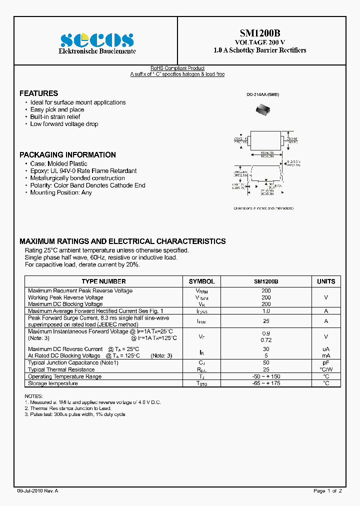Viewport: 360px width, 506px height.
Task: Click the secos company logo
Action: point(97,40)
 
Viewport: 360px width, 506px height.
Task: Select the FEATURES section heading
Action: point(38,93)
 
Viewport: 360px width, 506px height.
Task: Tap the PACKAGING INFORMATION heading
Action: point(67,155)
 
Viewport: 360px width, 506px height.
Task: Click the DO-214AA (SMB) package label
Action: point(262,94)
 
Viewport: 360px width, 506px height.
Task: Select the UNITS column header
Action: point(326,281)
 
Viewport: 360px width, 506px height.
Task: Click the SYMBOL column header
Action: point(201,281)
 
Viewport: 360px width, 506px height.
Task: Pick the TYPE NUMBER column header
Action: point(103,281)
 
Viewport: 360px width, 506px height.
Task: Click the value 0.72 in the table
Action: point(266,340)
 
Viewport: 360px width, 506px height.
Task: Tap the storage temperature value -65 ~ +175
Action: point(266,383)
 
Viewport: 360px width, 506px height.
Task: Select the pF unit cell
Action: point(326,362)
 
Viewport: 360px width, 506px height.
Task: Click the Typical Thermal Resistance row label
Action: point(61,369)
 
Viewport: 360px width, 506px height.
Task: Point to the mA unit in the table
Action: point(326,356)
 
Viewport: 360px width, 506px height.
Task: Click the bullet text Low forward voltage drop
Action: point(64,124)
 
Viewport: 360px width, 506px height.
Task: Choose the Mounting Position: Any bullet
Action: point(61,192)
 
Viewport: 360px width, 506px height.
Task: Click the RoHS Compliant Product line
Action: point(177,68)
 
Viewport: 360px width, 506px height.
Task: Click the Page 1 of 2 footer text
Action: point(327,491)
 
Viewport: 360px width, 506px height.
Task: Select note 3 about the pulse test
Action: point(75,414)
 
